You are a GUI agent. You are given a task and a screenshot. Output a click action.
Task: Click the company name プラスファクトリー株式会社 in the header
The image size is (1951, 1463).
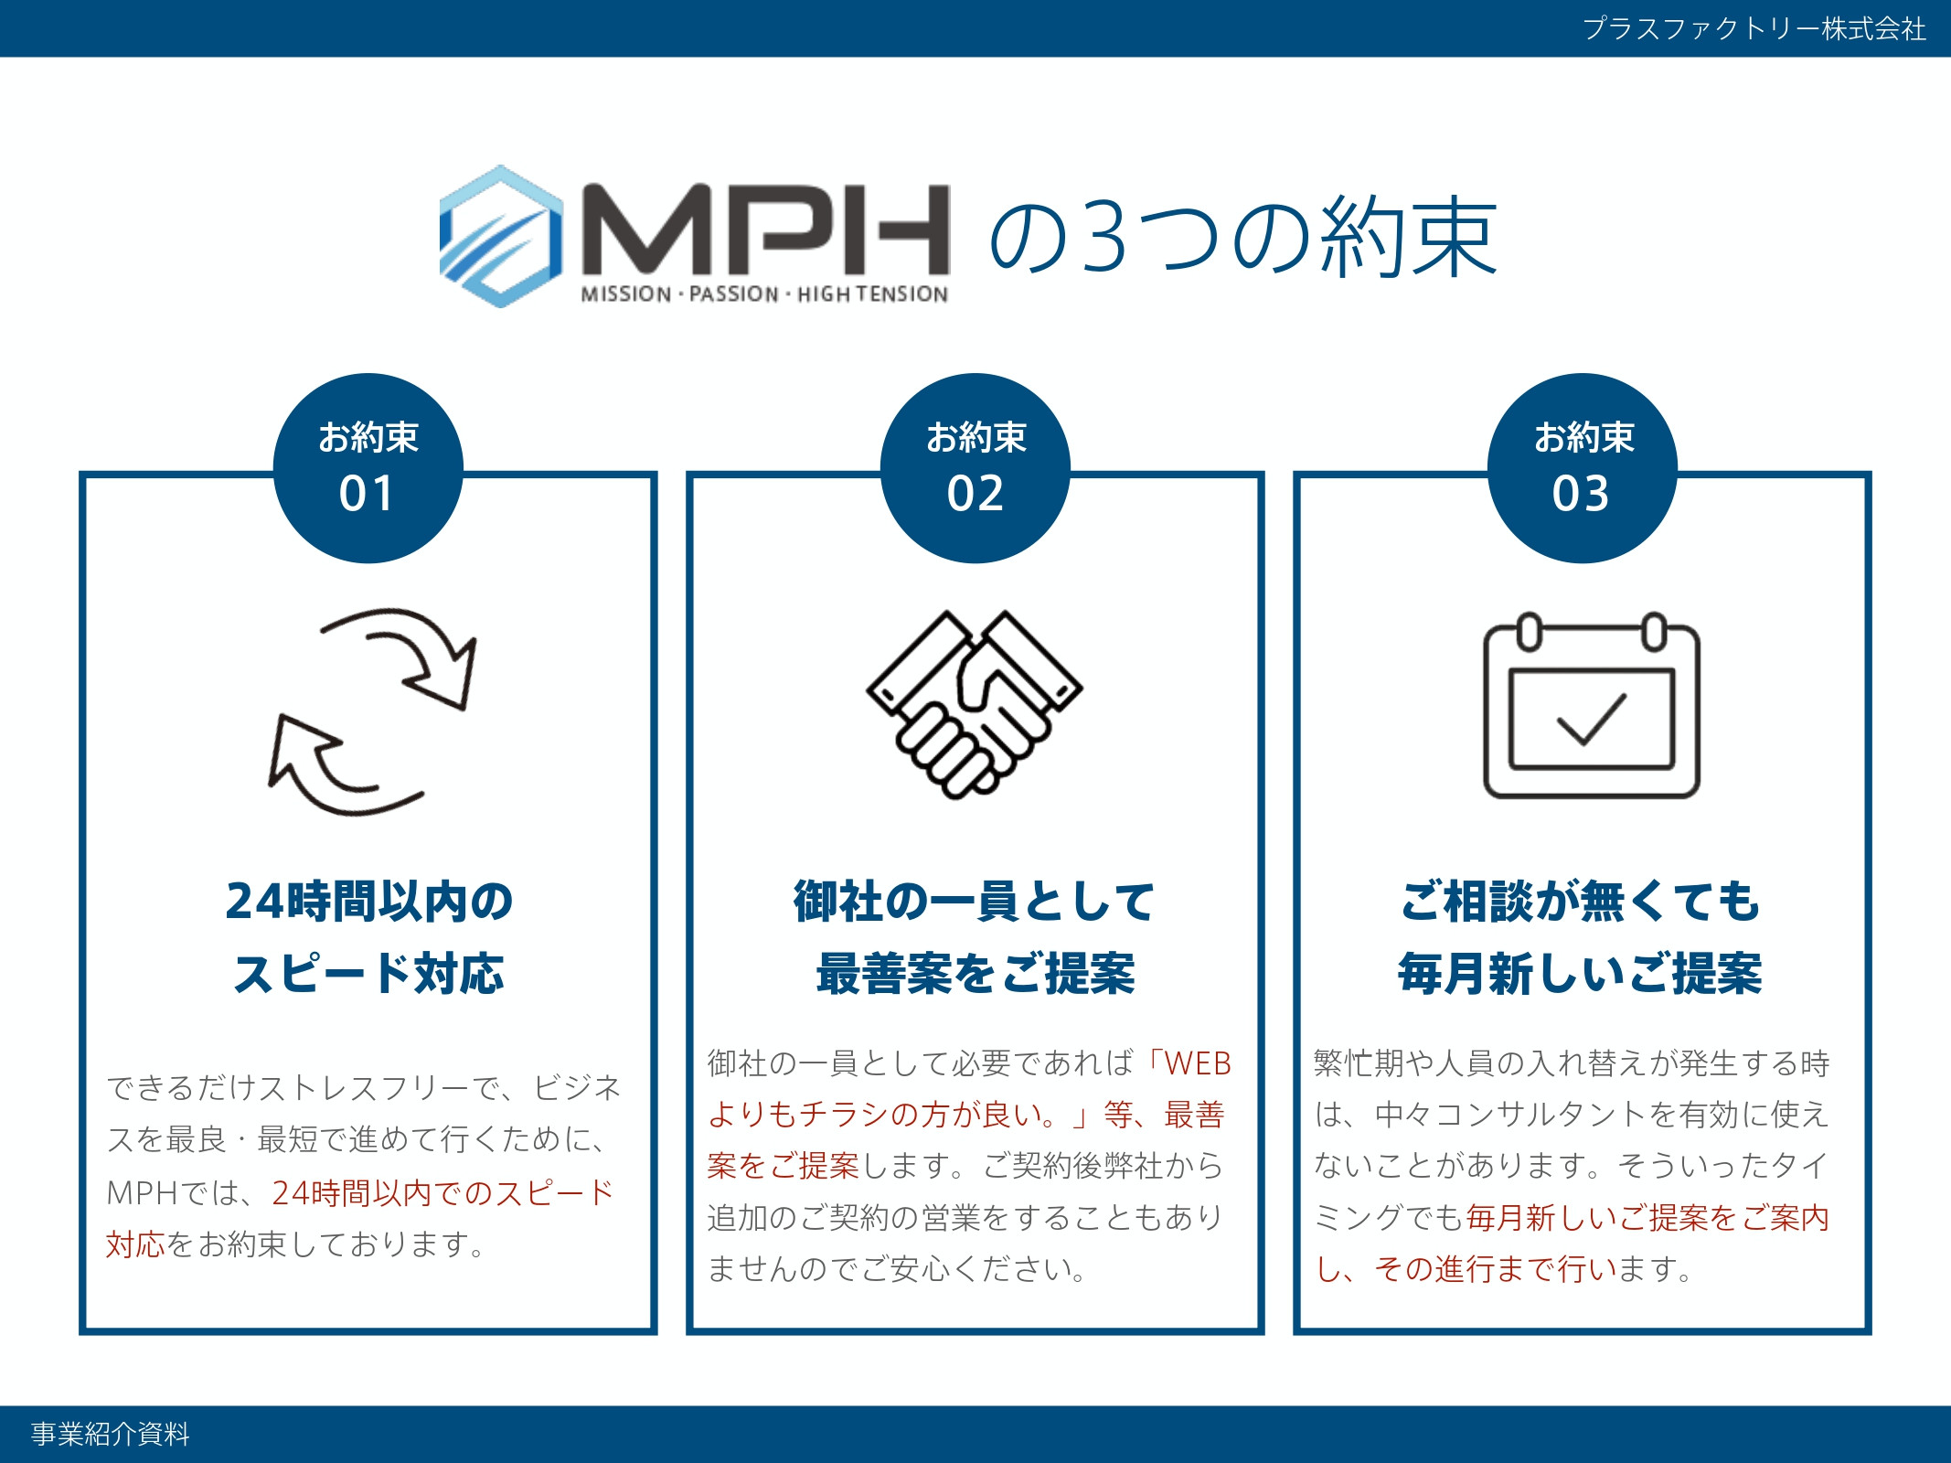click(x=1754, y=28)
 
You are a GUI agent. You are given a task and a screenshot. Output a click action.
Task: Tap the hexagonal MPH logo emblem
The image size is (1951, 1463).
click(x=501, y=236)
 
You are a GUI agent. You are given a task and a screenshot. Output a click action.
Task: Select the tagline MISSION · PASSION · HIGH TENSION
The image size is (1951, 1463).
click(x=764, y=294)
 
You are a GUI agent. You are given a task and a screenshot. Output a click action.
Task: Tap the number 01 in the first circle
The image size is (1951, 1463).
click(x=367, y=494)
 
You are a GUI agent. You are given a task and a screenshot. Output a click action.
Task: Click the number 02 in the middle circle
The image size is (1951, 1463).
click(x=975, y=494)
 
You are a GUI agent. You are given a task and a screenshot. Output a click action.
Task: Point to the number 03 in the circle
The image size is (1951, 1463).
click(x=1581, y=494)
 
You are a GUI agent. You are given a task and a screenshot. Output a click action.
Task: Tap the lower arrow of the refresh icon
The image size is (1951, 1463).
click(x=329, y=768)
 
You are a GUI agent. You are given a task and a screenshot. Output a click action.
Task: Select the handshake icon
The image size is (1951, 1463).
click(x=975, y=704)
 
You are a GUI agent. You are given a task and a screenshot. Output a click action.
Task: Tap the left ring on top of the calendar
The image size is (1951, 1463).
click(x=1529, y=632)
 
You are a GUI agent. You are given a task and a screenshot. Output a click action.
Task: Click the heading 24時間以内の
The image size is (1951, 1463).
click(x=368, y=901)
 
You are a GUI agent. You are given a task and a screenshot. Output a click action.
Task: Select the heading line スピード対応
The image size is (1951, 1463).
click(x=368, y=973)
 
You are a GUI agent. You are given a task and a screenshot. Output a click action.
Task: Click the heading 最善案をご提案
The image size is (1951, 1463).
click(x=975, y=973)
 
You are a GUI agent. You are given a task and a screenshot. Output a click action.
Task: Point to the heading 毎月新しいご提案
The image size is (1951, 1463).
click(x=1580, y=973)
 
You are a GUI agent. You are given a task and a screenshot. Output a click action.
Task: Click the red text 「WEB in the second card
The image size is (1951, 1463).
click(x=1189, y=1063)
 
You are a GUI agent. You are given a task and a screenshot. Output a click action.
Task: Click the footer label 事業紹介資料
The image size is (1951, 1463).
click(x=111, y=1434)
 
